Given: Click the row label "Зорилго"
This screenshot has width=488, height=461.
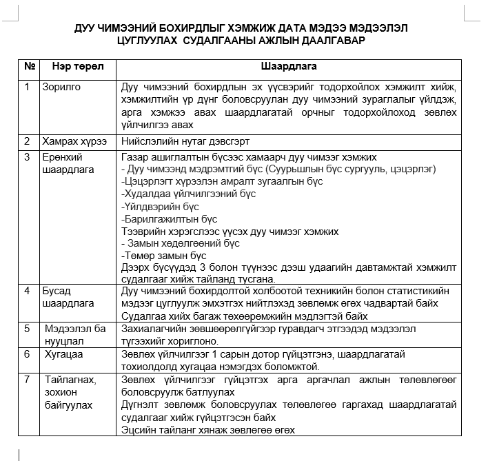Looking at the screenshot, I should coord(62,88).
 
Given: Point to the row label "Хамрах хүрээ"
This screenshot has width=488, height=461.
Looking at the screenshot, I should coord(74,141).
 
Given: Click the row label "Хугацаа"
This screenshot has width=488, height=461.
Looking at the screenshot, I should coord(64,354).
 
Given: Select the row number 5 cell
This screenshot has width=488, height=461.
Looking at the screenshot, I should coord(27,329).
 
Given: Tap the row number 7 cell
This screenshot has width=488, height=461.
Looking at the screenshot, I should coord(27,380).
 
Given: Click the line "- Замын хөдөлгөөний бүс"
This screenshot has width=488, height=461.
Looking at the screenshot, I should coord(180,243).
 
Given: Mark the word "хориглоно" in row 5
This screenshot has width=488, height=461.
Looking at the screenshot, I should coord(197,341).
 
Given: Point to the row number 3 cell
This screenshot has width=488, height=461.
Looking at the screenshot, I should coord(27,156).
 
